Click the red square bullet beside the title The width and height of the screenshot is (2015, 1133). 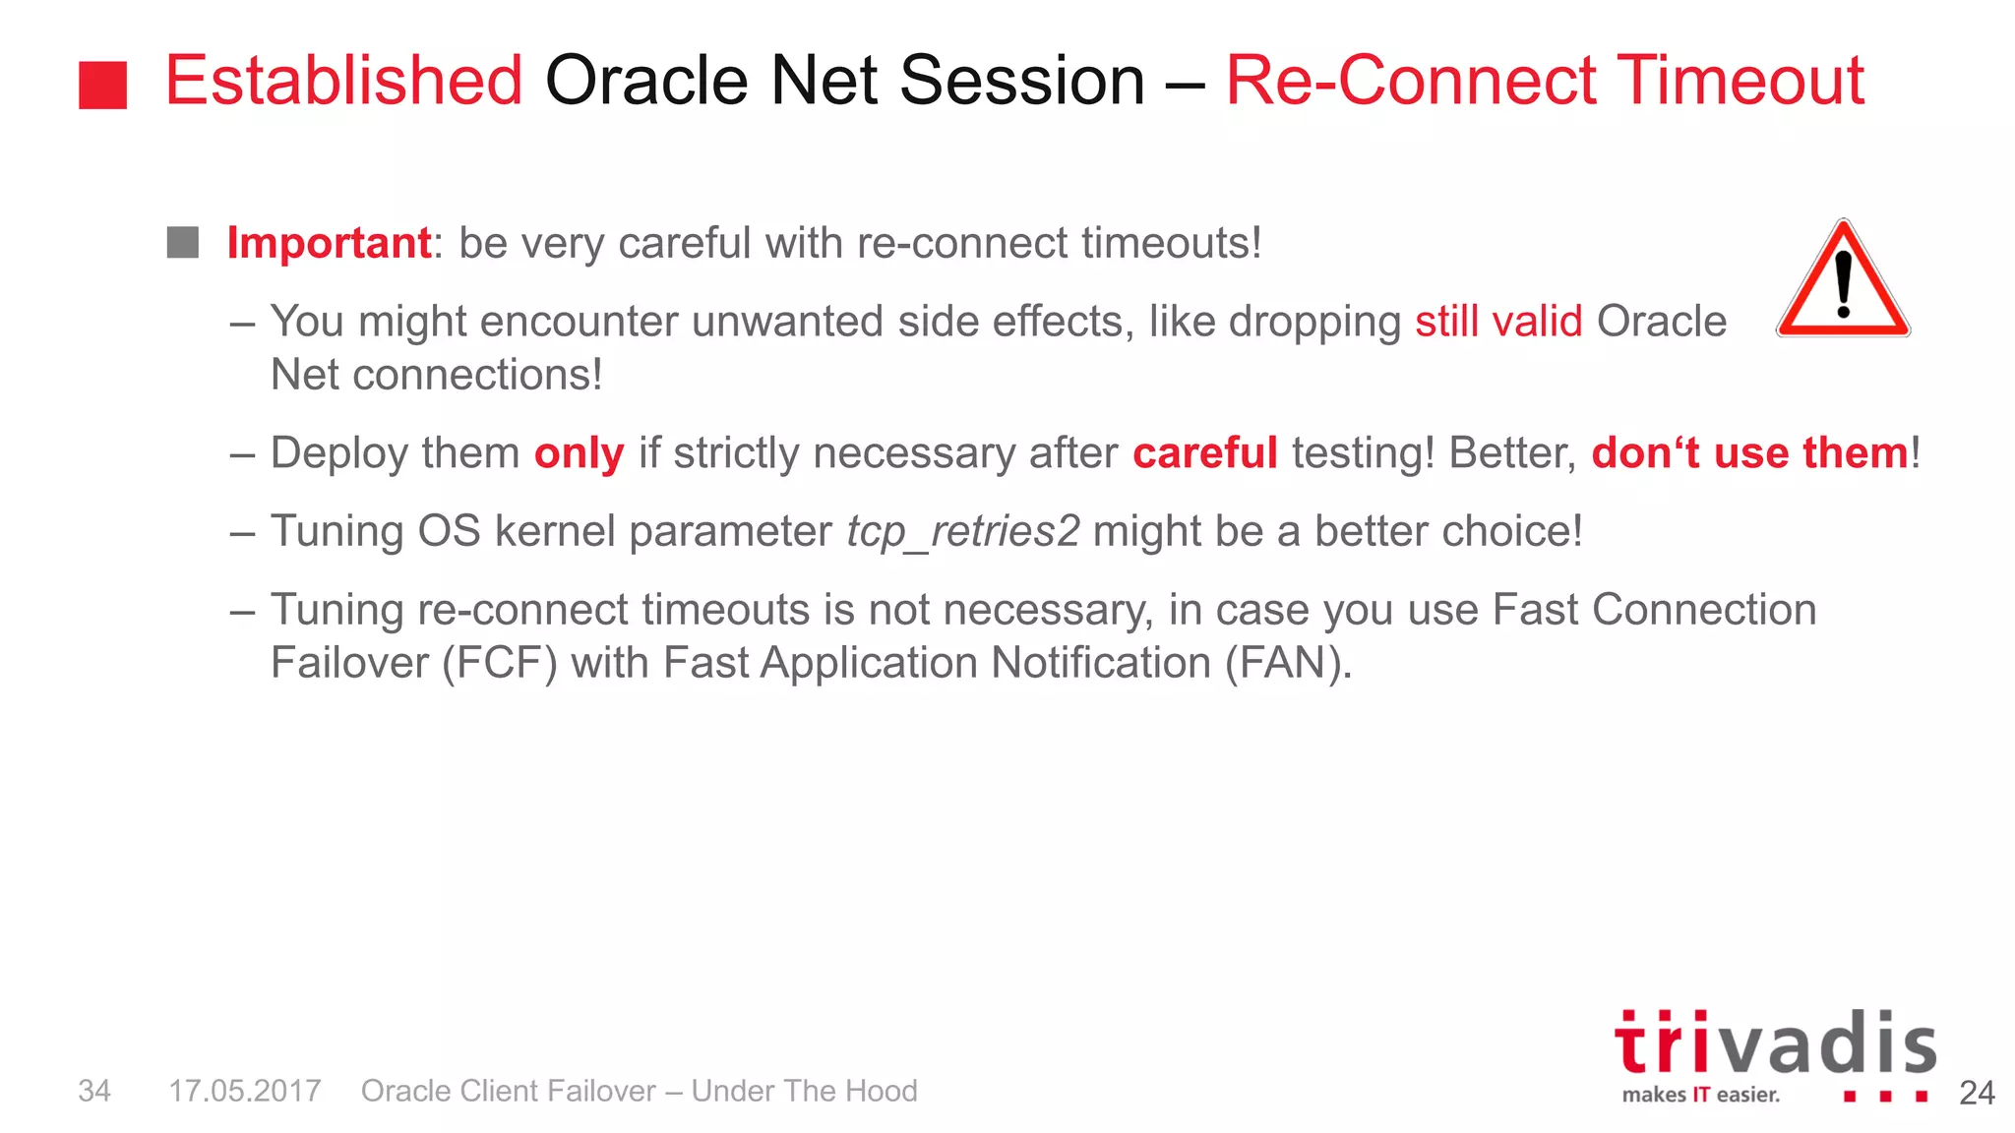[103, 85]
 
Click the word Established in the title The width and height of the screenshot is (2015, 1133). [343, 81]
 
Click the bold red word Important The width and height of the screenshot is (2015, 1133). [329, 243]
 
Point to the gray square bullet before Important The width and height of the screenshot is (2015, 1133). [183, 242]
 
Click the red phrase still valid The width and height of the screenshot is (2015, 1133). [1498, 322]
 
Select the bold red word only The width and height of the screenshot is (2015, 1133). [579, 453]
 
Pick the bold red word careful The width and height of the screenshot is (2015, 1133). [1205, 453]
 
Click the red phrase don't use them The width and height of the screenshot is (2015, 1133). [1750, 453]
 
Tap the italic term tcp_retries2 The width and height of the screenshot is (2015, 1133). [963, 532]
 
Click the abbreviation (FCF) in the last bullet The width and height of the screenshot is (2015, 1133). [499, 663]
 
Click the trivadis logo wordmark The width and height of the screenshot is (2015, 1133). [1775, 1043]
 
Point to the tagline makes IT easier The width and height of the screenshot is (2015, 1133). [1701, 1095]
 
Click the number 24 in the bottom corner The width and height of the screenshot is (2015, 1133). [1977, 1093]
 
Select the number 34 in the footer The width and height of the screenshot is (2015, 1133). [94, 1091]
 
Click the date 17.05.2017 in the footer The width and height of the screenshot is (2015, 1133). [245, 1091]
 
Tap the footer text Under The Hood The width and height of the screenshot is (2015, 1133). [804, 1091]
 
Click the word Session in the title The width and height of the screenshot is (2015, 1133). [1022, 81]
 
